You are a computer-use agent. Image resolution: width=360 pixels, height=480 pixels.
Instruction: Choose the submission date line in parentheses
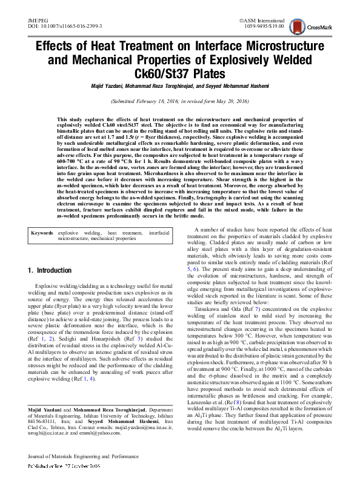pyautogui.click(x=180, y=102)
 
